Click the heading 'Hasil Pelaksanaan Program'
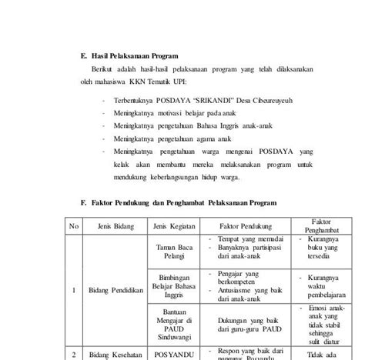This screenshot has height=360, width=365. pyautogui.click(x=135, y=55)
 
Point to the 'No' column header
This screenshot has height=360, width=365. pyautogui.click(x=75, y=225)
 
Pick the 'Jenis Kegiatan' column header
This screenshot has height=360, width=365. pyautogui.click(x=175, y=225)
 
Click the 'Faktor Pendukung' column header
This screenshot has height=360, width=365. pyautogui.click(x=243, y=225)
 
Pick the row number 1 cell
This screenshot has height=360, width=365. pyautogui.click(x=74, y=290)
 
